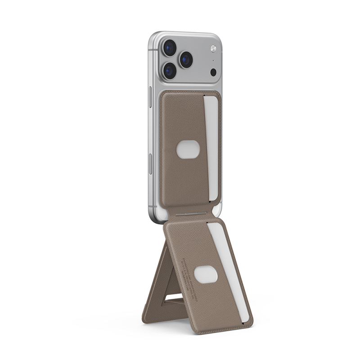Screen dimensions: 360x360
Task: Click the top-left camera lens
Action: (170, 48)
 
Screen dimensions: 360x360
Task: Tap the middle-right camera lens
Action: (185, 59)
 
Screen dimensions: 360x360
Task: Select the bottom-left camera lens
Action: (170, 71)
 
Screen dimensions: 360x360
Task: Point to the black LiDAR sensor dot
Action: (213, 72)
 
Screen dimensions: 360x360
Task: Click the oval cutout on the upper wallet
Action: (188, 149)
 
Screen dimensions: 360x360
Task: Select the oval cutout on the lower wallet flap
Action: (205, 274)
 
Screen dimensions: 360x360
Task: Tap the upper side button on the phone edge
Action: (150, 96)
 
